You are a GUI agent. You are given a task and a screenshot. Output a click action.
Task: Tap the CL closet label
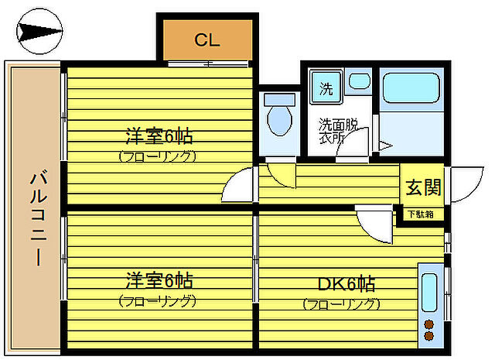(x=207, y=39)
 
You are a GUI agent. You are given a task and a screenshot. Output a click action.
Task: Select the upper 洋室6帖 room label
(x=159, y=138)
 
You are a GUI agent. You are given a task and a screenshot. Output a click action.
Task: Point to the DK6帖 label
(x=345, y=284)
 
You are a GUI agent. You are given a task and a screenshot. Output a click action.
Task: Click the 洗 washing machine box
(x=326, y=88)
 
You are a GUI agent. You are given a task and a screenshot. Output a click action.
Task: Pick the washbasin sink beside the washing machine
(x=358, y=81)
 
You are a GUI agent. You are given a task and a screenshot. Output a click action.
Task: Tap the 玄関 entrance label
(x=422, y=187)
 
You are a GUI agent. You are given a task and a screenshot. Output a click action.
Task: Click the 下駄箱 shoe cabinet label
(x=422, y=214)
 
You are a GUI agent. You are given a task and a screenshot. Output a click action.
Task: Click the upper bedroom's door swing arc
(x=239, y=186)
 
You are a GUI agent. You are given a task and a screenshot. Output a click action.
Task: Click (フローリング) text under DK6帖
(x=341, y=304)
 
